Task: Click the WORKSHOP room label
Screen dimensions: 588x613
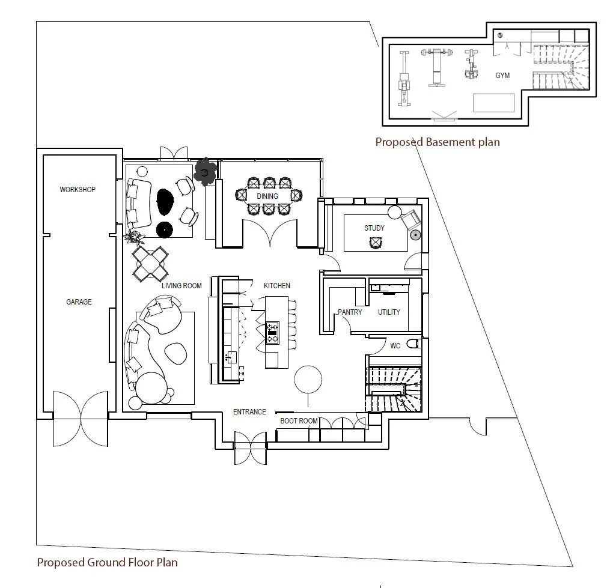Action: point(78,190)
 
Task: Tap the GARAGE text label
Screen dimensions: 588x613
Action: point(79,302)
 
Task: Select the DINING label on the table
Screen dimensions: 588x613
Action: point(267,196)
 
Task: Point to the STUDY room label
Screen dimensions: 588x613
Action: point(374,228)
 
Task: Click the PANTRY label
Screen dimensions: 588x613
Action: point(349,312)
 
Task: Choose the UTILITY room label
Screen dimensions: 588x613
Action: point(388,312)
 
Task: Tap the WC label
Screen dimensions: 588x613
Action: point(395,346)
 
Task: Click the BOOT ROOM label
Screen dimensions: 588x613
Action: point(299,421)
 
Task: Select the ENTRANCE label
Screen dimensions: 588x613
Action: point(249,412)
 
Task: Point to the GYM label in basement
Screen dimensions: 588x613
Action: point(502,76)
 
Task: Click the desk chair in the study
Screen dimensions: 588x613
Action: point(376,241)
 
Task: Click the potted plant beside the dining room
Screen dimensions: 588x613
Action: point(206,172)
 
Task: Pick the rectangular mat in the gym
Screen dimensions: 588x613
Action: point(494,103)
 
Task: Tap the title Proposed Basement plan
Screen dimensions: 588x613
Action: point(437,142)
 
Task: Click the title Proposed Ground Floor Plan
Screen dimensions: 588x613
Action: point(107,562)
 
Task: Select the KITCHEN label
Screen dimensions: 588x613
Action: point(276,286)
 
